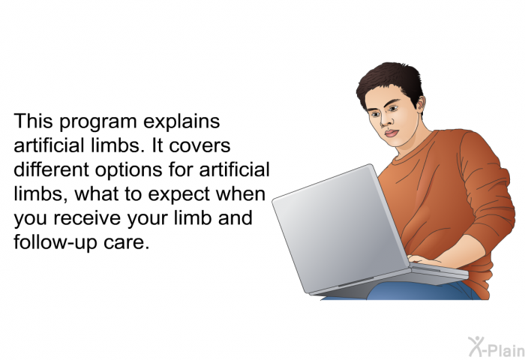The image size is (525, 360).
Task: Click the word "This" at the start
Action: [33, 121]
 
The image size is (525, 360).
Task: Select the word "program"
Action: [98, 123]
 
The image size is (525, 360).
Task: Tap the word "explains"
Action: [181, 122]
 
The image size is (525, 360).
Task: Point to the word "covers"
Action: [200, 146]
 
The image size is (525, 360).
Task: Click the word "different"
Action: [51, 169]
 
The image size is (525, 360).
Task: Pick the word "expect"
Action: [179, 195]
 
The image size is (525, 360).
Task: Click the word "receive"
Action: [87, 218]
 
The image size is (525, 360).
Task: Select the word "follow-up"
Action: [55, 242]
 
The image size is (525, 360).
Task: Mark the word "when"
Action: [241, 193]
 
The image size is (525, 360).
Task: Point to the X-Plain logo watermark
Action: [496, 346]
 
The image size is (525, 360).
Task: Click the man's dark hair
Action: [390, 80]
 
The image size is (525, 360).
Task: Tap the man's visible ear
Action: [420, 103]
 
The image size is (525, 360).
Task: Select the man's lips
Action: [391, 133]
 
